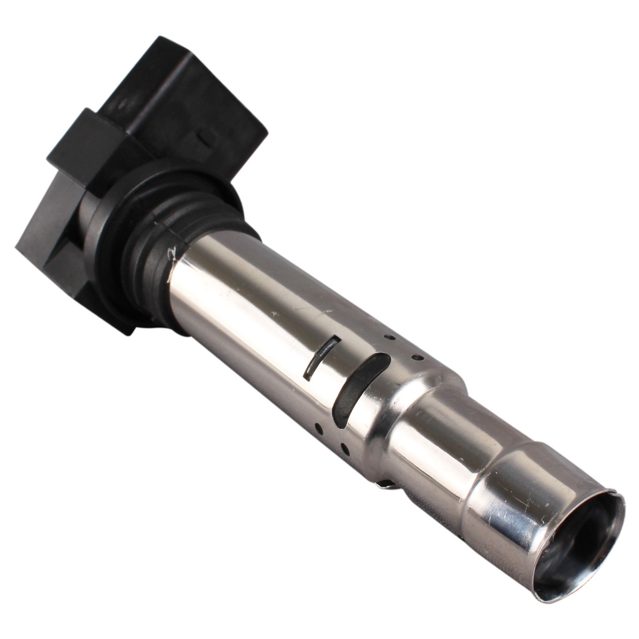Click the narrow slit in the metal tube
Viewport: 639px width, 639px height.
click(x=321, y=358)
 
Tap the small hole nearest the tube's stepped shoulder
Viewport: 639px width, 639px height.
click(x=417, y=358)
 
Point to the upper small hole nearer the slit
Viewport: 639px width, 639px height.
click(x=389, y=338)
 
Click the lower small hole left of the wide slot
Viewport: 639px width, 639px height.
click(x=318, y=429)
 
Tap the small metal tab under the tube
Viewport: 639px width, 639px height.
click(x=387, y=484)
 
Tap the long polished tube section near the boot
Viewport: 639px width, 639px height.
click(x=250, y=300)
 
